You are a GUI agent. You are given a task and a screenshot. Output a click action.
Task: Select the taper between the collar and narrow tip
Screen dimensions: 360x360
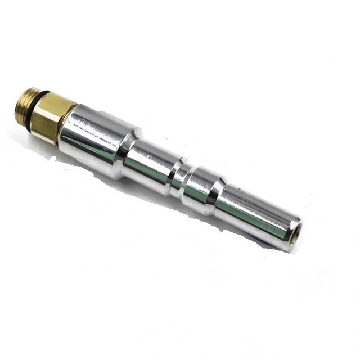(217, 196)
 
